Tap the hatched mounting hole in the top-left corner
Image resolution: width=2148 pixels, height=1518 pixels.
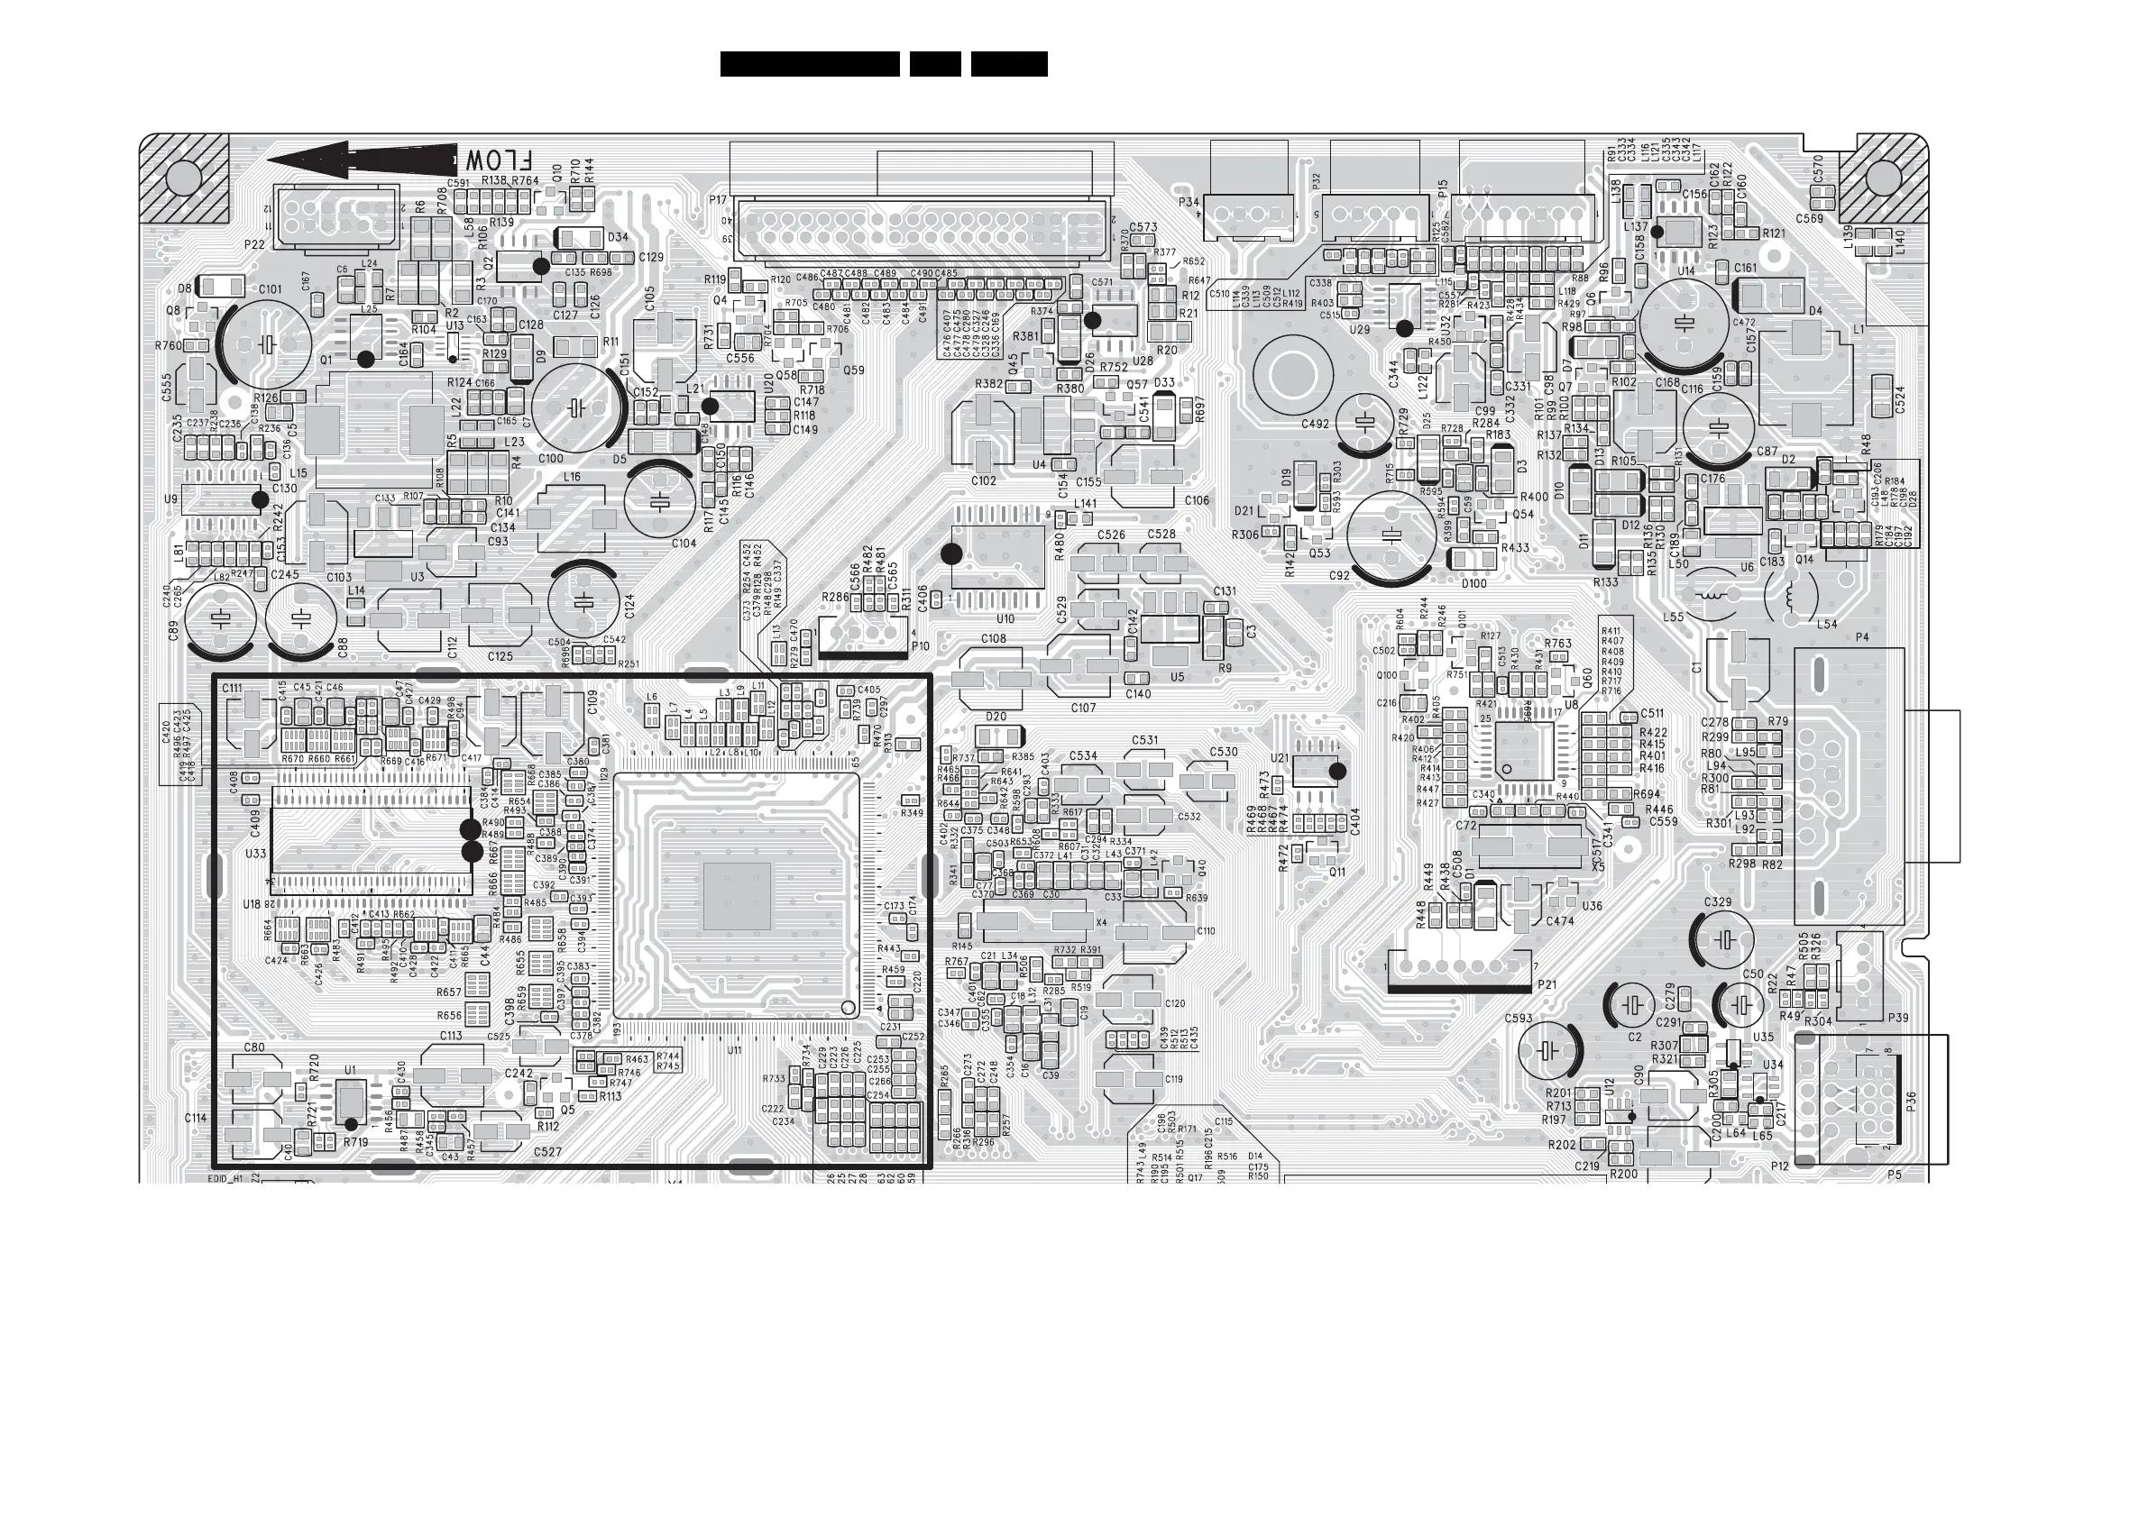point(184,178)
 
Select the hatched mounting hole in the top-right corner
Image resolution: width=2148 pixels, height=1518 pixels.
point(1882,178)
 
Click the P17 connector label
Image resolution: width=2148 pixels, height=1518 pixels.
point(718,200)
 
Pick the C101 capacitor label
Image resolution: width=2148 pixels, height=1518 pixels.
point(270,290)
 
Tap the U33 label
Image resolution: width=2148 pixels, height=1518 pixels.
point(254,854)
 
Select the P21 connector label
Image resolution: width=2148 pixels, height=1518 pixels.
point(1547,985)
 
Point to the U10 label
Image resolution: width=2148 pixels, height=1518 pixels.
point(1005,619)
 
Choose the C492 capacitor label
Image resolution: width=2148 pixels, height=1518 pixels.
point(1315,424)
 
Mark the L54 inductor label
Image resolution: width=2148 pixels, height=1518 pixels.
point(1826,624)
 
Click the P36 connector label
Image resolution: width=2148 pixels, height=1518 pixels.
point(1910,1101)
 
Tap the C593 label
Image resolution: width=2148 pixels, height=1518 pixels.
point(1519,1019)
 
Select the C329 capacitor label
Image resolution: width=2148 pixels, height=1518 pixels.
point(1717,902)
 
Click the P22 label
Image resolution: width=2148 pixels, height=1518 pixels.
point(254,245)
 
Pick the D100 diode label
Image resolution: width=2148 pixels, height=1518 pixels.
point(1473,583)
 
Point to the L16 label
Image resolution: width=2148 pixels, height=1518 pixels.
point(572,477)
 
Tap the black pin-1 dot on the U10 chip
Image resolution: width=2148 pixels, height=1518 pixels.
point(951,553)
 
